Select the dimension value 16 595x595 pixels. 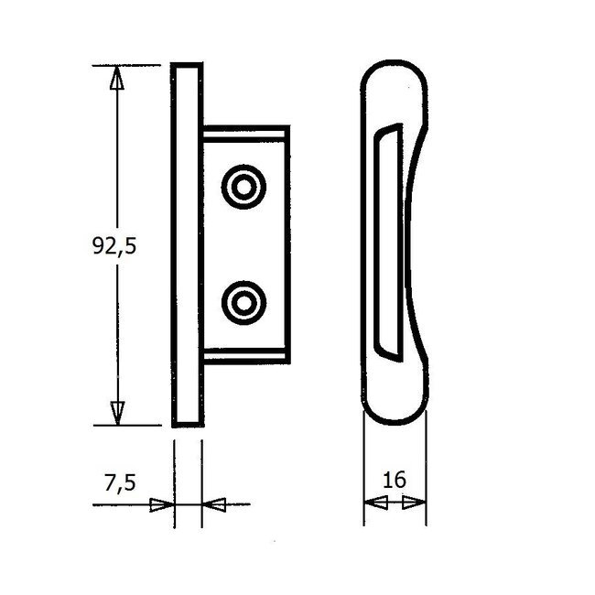(395, 480)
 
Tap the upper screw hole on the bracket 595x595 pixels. (243, 188)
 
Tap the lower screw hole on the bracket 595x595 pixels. (243, 301)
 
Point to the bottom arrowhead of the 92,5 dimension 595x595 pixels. (116, 413)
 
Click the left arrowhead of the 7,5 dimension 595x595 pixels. (162, 503)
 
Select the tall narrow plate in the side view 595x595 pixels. (187, 244)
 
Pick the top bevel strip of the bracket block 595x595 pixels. (245, 136)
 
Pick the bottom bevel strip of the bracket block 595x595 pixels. (245, 354)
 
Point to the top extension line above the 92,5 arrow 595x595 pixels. (128, 65)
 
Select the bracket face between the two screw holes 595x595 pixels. (243, 244)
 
